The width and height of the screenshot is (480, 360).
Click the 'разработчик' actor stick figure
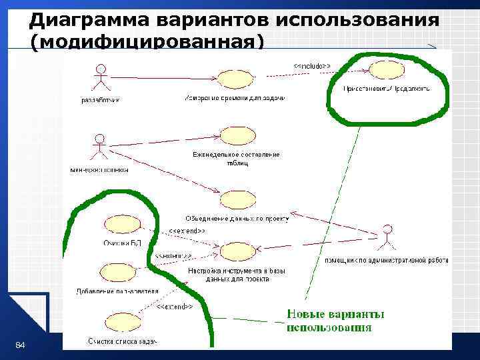[x=101, y=78]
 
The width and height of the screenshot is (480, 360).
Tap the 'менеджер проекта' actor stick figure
[x=99, y=149]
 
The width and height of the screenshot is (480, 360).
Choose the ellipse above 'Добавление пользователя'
[x=117, y=272]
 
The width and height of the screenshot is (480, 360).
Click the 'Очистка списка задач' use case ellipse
[x=122, y=323]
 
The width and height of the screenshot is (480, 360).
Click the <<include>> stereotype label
[x=309, y=65]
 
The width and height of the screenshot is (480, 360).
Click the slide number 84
[x=20, y=345]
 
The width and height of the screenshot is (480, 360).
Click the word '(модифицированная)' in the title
[x=147, y=42]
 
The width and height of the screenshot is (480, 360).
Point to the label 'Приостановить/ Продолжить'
[x=386, y=87]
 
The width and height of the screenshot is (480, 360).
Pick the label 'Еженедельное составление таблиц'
[x=236, y=159]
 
